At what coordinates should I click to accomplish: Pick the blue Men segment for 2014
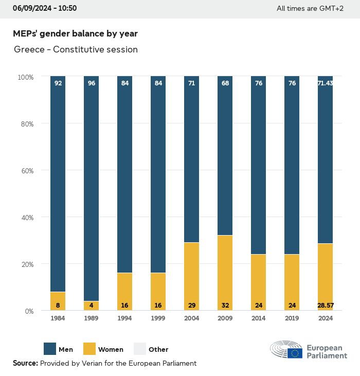[x=258, y=165]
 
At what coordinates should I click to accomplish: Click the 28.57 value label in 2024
[x=325, y=305]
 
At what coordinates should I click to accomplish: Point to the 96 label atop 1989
[x=92, y=83]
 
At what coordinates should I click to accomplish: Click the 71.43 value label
[x=325, y=83]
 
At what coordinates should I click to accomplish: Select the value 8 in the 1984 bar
[x=58, y=305]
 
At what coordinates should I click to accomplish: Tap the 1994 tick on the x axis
[x=124, y=318]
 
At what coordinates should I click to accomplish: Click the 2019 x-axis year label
[x=292, y=318]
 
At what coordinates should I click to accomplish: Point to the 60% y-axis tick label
[x=26, y=170]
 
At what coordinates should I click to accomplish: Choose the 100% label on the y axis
[x=26, y=77]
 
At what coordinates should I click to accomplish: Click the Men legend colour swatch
[x=50, y=349]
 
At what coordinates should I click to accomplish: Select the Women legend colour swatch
[x=89, y=349]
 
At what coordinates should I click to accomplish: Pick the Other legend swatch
[x=140, y=349]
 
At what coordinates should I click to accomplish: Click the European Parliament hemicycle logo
[x=286, y=350]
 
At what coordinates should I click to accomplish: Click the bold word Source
[x=25, y=363]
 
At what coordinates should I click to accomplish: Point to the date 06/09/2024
[x=30, y=8]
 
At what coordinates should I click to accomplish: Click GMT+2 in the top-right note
[x=331, y=8]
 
